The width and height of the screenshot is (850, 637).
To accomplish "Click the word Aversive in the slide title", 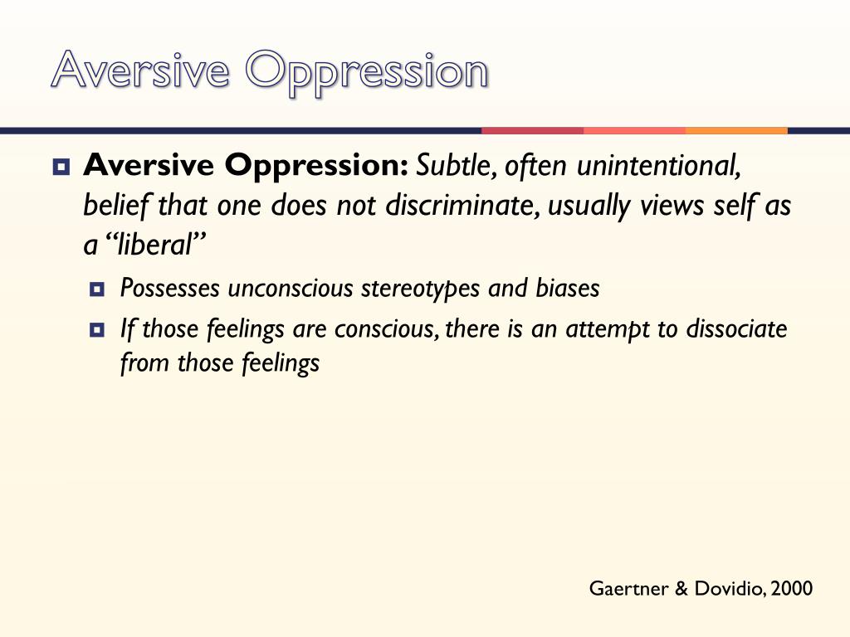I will pos(139,71).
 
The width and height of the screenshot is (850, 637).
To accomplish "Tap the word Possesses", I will pos(170,289).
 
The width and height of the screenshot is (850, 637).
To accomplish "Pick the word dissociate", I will pos(736,329).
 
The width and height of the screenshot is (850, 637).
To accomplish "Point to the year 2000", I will pos(791,589).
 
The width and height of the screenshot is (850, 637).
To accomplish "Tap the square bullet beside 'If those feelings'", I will pos(97,330).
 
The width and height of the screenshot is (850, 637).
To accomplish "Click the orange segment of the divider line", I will pos(736,130).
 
